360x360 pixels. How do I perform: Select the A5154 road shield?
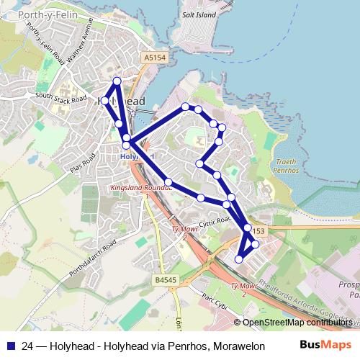pos(154,56)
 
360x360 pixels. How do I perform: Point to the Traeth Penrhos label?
pos(287,168)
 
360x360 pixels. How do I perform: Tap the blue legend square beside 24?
pos(9,345)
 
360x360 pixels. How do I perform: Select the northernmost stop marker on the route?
pos(117,81)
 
